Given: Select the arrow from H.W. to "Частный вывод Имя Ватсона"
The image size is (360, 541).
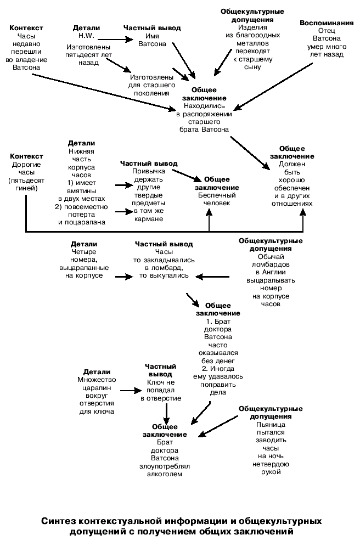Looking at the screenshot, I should (116, 38).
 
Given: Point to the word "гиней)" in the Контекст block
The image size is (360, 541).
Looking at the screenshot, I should (26, 188).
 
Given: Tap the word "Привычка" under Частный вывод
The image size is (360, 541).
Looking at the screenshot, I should (148, 171).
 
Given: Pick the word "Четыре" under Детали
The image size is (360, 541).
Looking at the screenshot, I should (84, 252).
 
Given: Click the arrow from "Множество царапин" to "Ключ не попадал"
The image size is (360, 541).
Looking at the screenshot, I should (129, 391).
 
